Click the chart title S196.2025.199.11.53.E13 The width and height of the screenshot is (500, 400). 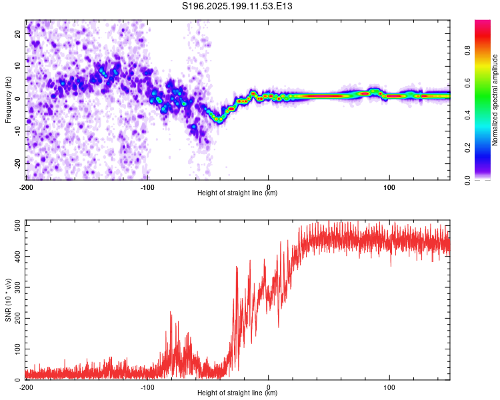point(237,6)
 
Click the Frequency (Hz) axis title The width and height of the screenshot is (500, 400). point(8,100)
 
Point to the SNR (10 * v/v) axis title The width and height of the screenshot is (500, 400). point(8,300)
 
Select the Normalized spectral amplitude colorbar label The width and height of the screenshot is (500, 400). point(495,100)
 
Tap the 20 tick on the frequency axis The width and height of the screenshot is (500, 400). point(18,33)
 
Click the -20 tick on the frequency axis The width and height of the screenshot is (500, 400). point(18,163)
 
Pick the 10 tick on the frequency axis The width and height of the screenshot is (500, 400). point(18,66)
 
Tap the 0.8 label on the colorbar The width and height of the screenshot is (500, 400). point(467,51)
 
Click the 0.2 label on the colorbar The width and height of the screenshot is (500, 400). point(467,148)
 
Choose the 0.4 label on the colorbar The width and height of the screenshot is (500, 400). point(467,115)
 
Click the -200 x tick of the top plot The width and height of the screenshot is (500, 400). point(26,187)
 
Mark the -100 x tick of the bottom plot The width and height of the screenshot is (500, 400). point(147,387)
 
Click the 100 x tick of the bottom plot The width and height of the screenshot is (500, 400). point(389,387)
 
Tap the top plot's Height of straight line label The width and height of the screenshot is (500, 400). point(237,193)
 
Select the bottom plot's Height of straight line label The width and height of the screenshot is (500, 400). point(237,393)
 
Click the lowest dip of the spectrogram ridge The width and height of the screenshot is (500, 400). point(218,120)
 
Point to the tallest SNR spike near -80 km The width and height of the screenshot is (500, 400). point(170,313)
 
